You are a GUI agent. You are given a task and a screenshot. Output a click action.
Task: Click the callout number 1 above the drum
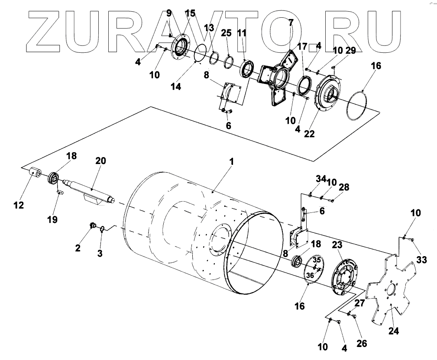pyautogui.click(x=232, y=162)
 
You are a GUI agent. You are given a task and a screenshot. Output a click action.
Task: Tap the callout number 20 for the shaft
pyautogui.click(x=100, y=161)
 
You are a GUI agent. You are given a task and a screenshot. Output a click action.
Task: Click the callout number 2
pyautogui.click(x=78, y=248)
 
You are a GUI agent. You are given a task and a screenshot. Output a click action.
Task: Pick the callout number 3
pyautogui.click(x=100, y=253)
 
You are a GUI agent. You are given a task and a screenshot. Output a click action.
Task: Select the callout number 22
pyautogui.click(x=309, y=134)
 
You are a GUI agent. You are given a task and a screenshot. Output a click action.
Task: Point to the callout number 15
pyautogui.click(x=190, y=14)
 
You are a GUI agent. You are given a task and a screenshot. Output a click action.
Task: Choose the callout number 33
pyautogui.click(x=421, y=260)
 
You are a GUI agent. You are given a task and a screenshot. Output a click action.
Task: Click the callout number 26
pyautogui.click(x=361, y=343)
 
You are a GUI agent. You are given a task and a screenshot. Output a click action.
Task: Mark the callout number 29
pyautogui.click(x=350, y=51)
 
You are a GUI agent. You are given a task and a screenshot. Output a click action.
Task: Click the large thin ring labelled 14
pyautogui.click(x=200, y=54)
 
